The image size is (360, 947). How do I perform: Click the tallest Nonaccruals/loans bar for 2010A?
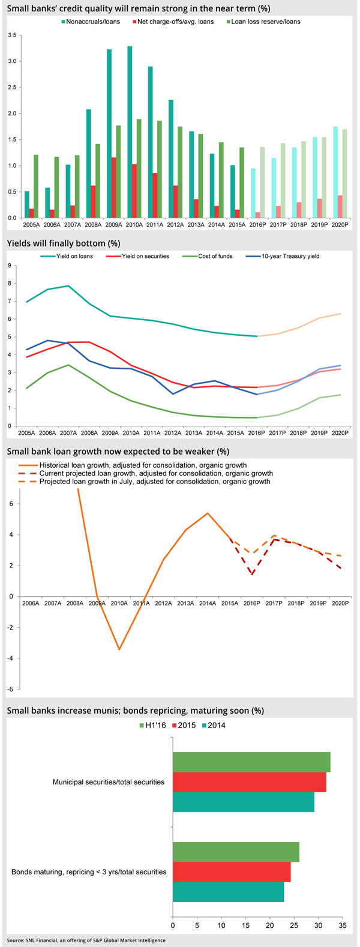click(130, 132)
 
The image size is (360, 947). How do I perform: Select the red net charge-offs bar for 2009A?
click(113, 188)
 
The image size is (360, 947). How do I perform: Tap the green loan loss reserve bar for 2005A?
click(36, 187)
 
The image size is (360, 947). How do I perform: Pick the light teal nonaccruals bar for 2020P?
click(335, 173)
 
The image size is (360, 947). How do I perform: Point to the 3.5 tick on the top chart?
click(12, 35)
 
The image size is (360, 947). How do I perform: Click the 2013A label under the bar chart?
click(196, 225)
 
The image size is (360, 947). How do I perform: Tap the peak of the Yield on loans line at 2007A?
click(68, 286)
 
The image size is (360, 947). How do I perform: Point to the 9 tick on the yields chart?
click(10, 266)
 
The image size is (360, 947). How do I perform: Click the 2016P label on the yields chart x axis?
click(256, 433)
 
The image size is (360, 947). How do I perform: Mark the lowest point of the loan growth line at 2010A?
click(119, 650)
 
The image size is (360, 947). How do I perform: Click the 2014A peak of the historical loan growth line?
click(208, 513)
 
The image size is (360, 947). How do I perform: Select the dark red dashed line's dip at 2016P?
click(252, 575)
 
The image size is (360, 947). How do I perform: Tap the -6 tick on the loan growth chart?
click(10, 689)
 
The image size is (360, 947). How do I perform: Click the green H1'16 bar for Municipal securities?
click(252, 762)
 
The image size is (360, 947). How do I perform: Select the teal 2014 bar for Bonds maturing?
click(229, 892)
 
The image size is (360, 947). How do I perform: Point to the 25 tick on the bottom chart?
click(294, 925)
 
